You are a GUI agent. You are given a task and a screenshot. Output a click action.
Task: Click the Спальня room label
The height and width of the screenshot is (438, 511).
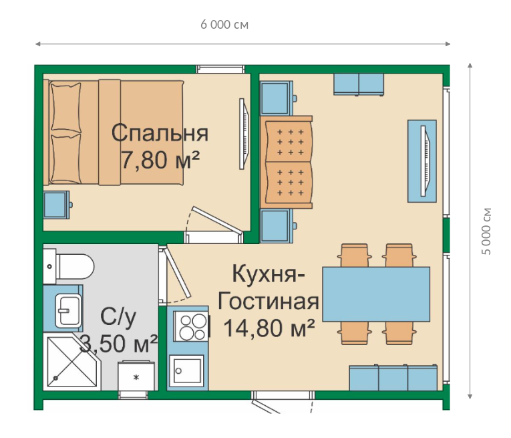(x=160, y=133)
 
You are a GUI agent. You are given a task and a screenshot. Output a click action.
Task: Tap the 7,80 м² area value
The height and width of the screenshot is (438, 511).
(x=160, y=159)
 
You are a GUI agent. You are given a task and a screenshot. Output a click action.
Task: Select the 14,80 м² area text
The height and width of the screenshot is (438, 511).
(x=269, y=328)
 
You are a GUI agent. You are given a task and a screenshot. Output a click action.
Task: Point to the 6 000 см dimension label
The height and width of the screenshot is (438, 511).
(x=224, y=25)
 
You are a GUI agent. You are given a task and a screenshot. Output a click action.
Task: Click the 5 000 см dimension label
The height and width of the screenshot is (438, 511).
(x=486, y=231)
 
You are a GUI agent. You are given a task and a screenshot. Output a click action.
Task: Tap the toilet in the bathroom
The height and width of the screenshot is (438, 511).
(x=69, y=266)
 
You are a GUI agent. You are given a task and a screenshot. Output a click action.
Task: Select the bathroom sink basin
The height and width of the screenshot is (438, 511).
(x=68, y=310)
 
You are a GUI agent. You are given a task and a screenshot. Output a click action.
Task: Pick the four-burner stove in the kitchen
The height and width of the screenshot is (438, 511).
(x=190, y=326)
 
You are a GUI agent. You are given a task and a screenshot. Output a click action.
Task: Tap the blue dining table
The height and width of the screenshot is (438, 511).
(x=376, y=294)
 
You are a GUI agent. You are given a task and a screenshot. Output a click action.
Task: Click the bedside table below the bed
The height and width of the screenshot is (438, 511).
(x=56, y=205)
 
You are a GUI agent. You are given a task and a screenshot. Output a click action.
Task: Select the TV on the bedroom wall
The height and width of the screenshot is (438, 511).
(x=243, y=134)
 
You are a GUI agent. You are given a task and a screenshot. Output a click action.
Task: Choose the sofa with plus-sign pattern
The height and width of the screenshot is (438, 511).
(x=287, y=162)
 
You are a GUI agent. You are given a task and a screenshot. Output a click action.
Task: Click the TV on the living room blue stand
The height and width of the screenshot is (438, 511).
(x=425, y=161)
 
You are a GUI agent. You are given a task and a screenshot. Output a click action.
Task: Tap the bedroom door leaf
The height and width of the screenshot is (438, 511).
(x=217, y=220)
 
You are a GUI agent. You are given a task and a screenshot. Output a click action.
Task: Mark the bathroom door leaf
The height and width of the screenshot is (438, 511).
(x=177, y=273)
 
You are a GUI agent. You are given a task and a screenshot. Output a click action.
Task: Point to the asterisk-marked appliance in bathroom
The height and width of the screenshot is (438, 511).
(x=136, y=376)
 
